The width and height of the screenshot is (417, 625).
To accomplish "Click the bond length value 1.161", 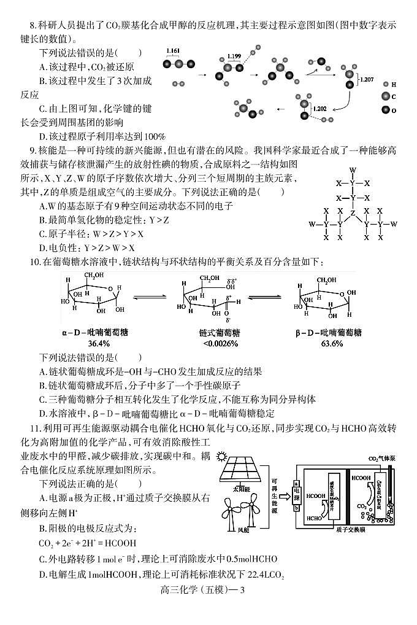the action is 173,49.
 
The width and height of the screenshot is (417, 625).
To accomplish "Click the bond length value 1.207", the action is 367,79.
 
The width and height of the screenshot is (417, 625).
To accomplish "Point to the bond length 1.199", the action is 234,56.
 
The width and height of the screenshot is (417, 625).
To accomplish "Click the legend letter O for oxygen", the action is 394,110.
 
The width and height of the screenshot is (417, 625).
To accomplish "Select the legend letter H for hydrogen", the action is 394,84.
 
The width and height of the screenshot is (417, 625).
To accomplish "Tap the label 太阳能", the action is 242,490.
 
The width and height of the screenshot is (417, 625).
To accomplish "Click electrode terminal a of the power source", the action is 295,484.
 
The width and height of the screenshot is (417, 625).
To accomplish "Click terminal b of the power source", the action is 295,508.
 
